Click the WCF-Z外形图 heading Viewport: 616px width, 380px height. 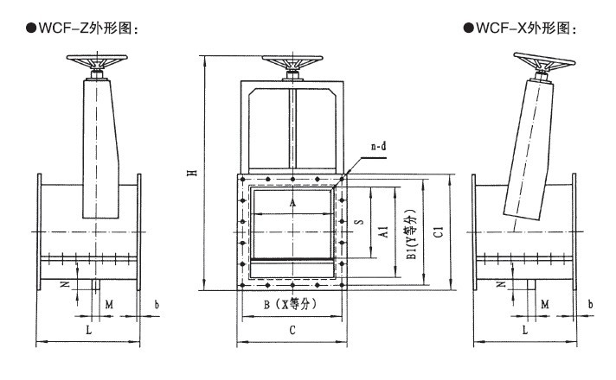click(83, 28)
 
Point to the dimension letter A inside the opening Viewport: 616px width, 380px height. click(292, 202)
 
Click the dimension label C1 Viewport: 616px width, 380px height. click(439, 231)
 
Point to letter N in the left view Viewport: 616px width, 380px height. click(62, 283)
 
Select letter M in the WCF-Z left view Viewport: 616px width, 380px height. click(109, 304)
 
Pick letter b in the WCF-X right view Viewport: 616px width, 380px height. click(590, 304)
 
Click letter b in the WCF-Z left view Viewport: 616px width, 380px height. click(156, 304)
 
